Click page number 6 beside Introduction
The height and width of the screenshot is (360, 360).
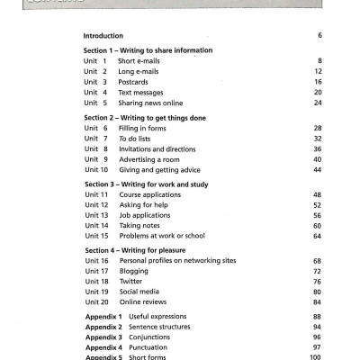319,35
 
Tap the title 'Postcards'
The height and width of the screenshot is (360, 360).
136,81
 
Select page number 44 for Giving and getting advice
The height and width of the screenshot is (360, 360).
318,170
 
